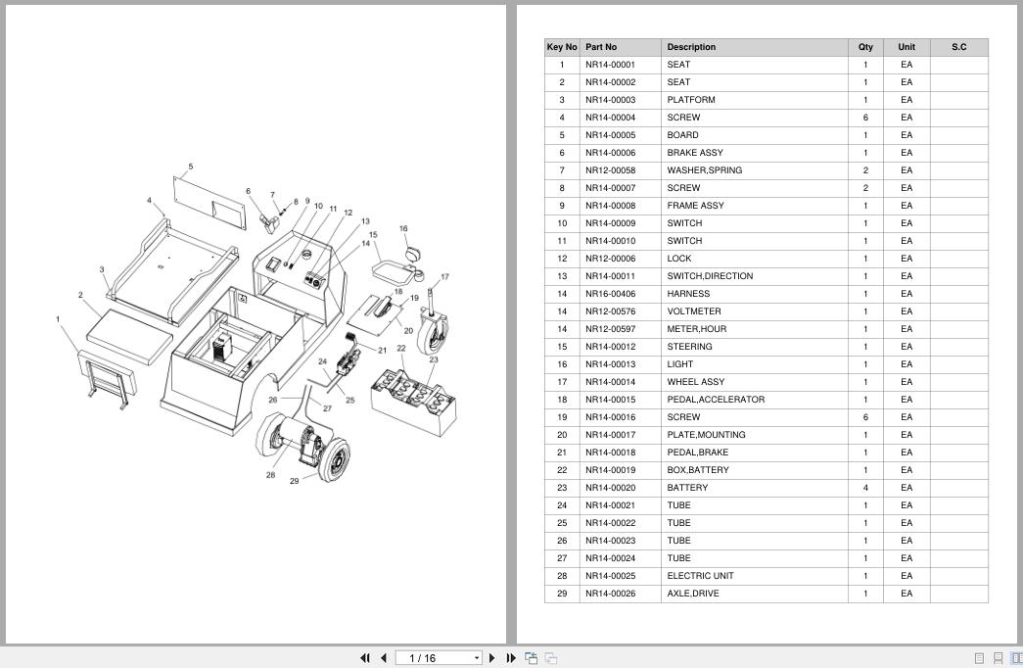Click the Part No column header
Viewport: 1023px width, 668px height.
click(601, 47)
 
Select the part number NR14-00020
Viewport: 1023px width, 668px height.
click(610, 488)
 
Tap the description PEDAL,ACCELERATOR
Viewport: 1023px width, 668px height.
click(716, 400)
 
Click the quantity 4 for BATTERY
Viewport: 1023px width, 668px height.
click(865, 488)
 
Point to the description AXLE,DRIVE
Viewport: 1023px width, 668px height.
click(693, 594)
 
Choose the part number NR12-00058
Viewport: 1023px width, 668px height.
click(610, 170)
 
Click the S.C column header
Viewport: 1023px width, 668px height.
click(959, 47)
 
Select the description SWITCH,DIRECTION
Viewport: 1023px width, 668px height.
click(710, 276)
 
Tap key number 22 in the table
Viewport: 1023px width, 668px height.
click(562, 470)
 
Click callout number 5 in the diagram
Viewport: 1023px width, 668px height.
click(191, 167)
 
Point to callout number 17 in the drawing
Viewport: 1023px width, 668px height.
click(445, 277)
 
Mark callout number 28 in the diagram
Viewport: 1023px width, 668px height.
click(271, 475)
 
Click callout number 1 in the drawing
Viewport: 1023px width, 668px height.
click(58, 319)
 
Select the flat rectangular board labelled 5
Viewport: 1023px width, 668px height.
click(210, 203)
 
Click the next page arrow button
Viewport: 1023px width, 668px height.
click(492, 658)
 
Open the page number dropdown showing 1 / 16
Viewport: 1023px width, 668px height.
click(439, 658)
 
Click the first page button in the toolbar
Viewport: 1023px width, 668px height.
click(365, 658)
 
